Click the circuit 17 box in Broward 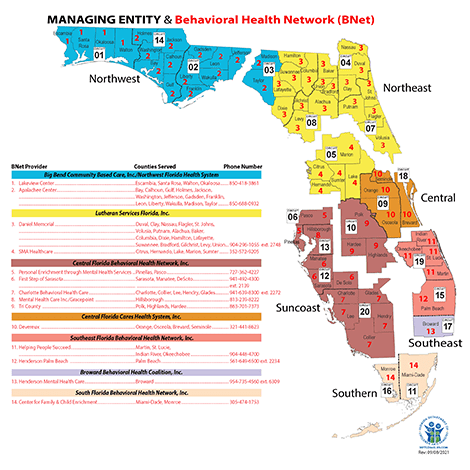[x=448, y=326]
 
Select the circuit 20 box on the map [x=365, y=313]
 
